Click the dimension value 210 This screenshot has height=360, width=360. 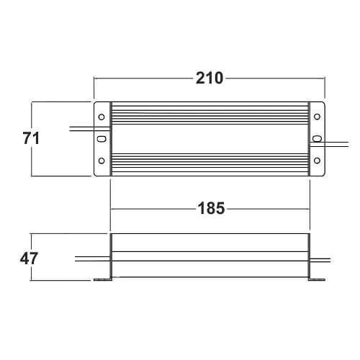pyautogui.click(x=210, y=78)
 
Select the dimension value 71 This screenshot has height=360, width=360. pyautogui.click(x=29, y=139)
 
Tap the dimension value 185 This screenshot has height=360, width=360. pyautogui.click(x=210, y=209)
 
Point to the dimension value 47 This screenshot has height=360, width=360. pyautogui.click(x=29, y=258)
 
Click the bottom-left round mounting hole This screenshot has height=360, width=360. pyautogui.click(x=102, y=161)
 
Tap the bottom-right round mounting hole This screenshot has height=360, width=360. pyautogui.click(x=318, y=161)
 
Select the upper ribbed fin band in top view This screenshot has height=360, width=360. pyautogui.click(x=210, y=116)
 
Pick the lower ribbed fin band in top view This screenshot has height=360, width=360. pyautogui.click(x=210, y=163)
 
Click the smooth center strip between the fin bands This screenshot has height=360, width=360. pyautogui.click(x=210, y=139)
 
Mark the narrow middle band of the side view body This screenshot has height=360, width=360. pyautogui.click(x=210, y=255)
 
